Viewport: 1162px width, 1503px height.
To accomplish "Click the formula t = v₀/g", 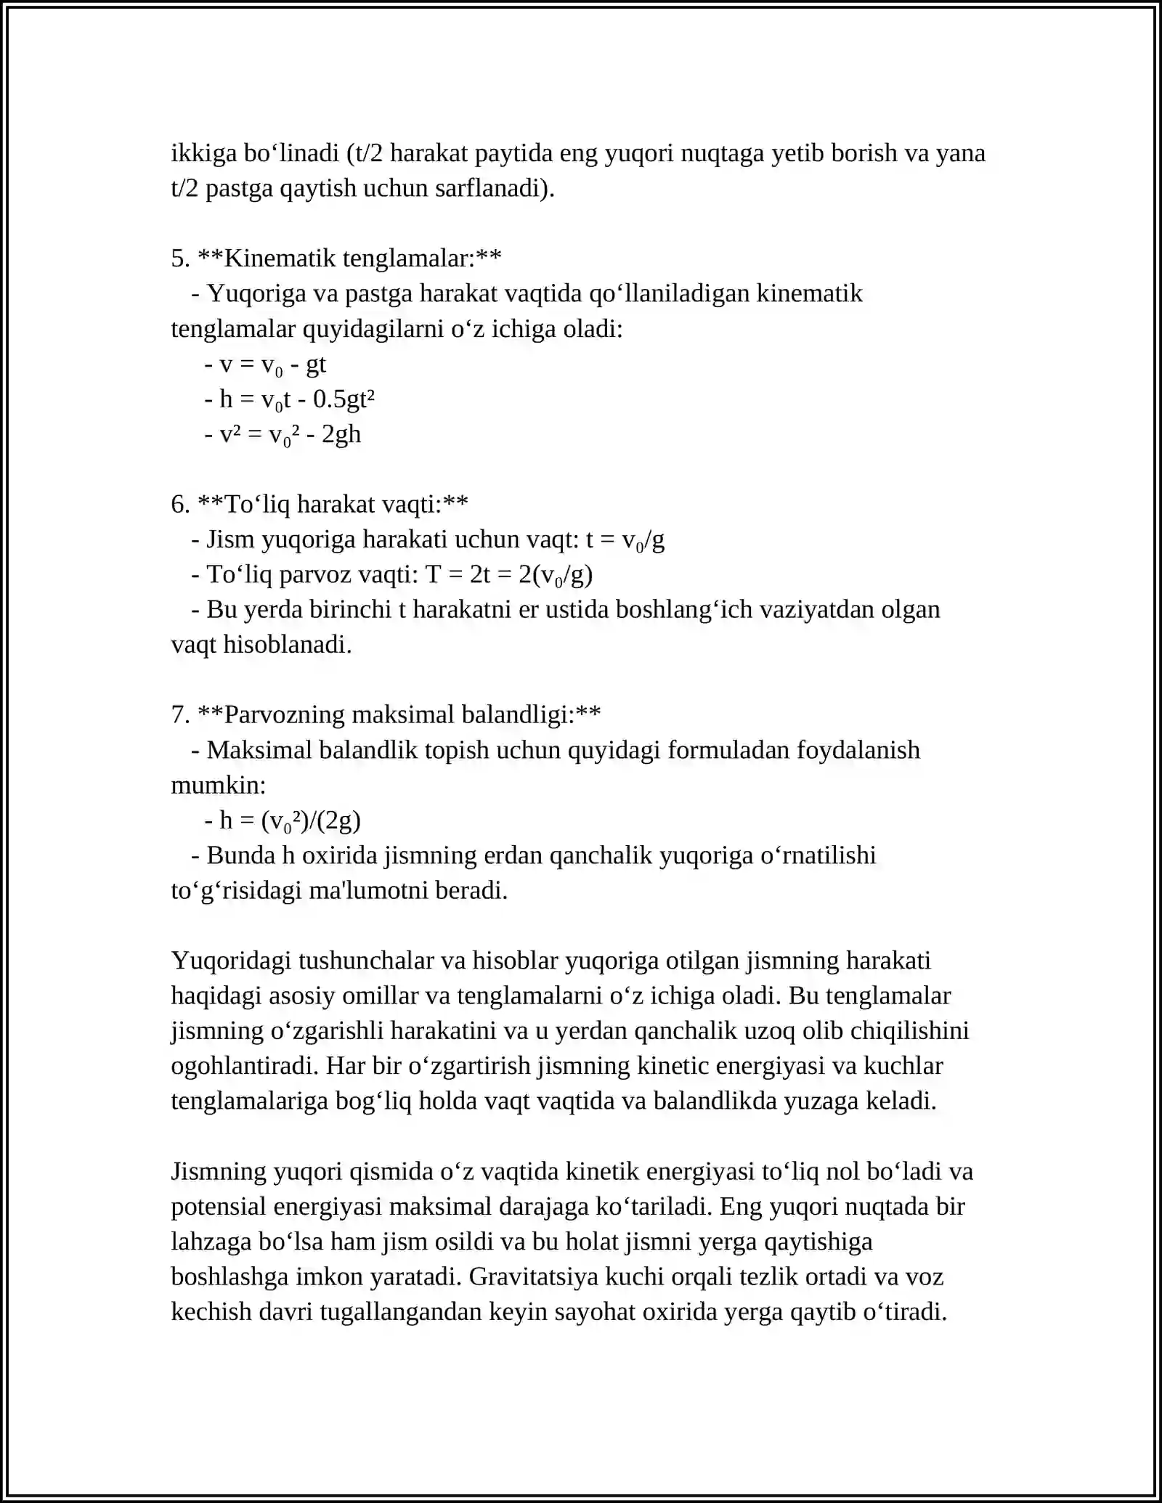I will [625, 539].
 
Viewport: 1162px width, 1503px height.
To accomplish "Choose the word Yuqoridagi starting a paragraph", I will [231, 961].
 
